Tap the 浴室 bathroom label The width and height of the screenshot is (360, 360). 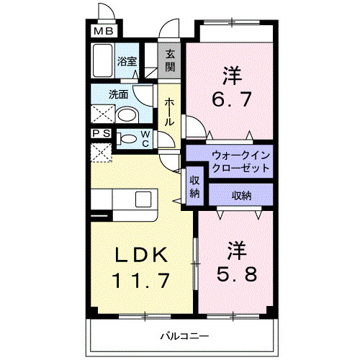tap(127, 62)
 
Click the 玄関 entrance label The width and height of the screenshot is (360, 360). tap(170, 60)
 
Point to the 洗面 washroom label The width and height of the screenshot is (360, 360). tap(119, 94)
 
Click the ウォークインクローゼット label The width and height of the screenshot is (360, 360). tap(240, 161)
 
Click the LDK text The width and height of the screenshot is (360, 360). tap(142, 255)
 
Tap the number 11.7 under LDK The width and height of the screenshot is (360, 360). tap(142, 279)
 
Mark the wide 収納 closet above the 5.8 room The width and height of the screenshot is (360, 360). tap(241, 194)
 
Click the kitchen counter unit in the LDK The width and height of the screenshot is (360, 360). tap(122, 199)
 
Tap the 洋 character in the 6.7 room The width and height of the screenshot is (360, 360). tap(230, 74)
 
